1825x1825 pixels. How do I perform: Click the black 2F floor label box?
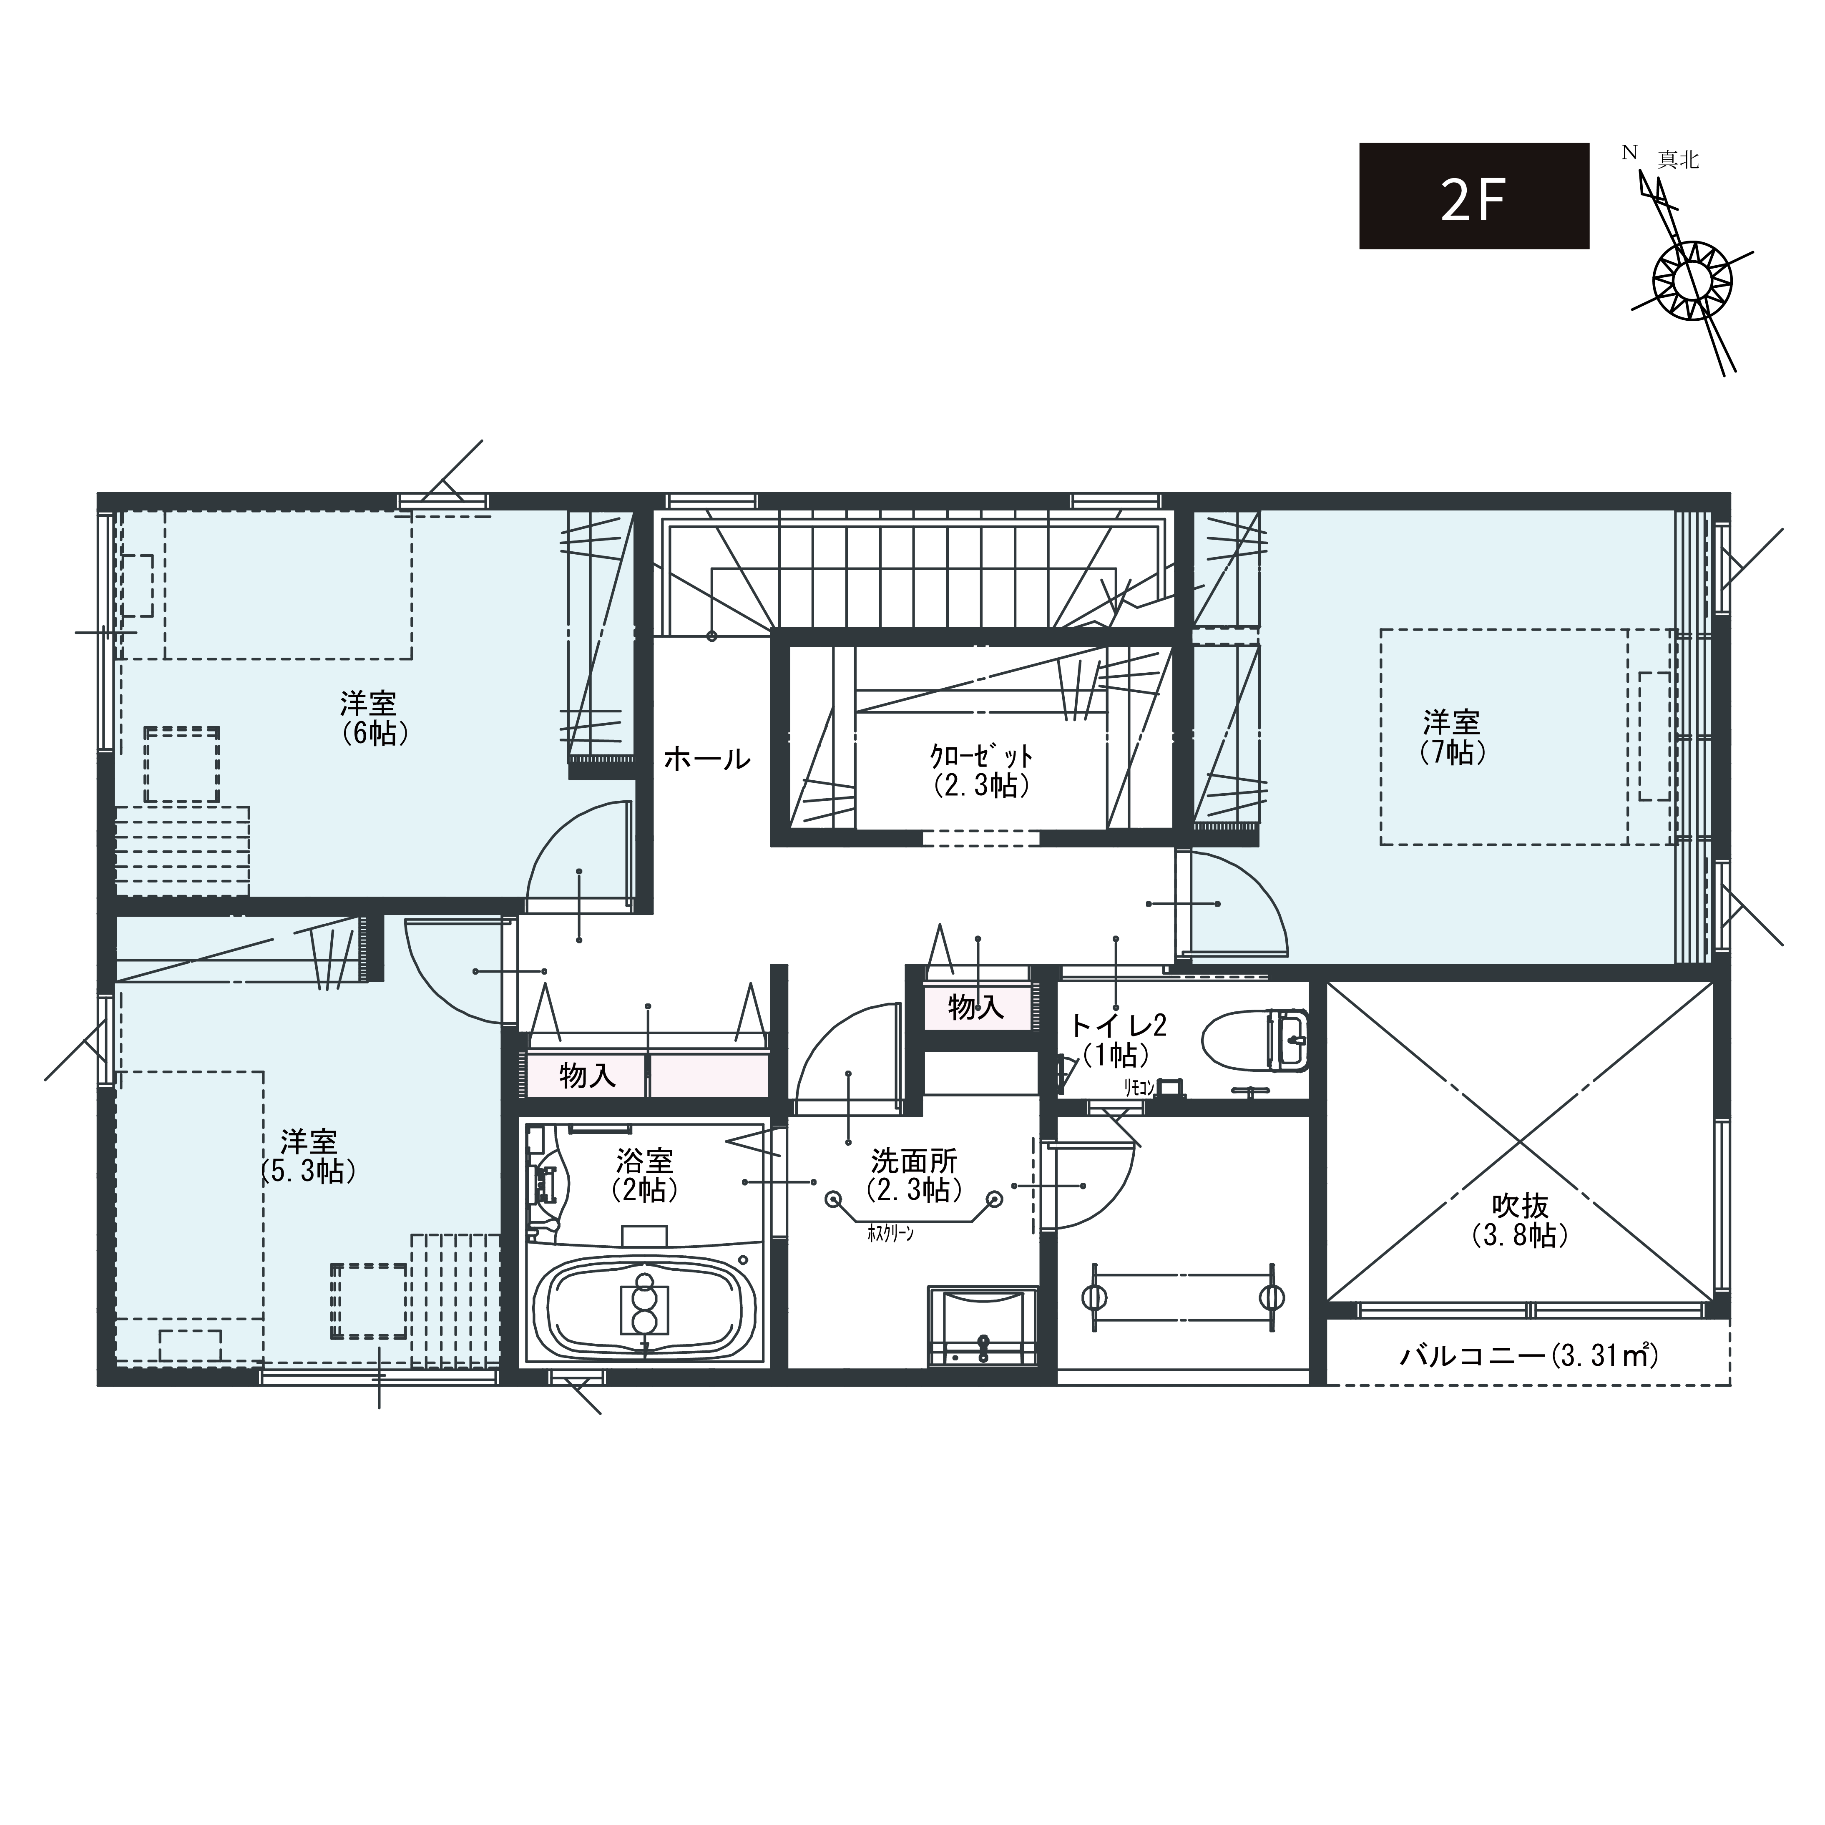(1473, 196)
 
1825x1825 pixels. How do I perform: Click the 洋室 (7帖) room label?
(1452, 738)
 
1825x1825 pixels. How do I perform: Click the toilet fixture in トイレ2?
(1256, 1041)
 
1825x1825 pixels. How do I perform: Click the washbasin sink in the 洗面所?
(983, 1325)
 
